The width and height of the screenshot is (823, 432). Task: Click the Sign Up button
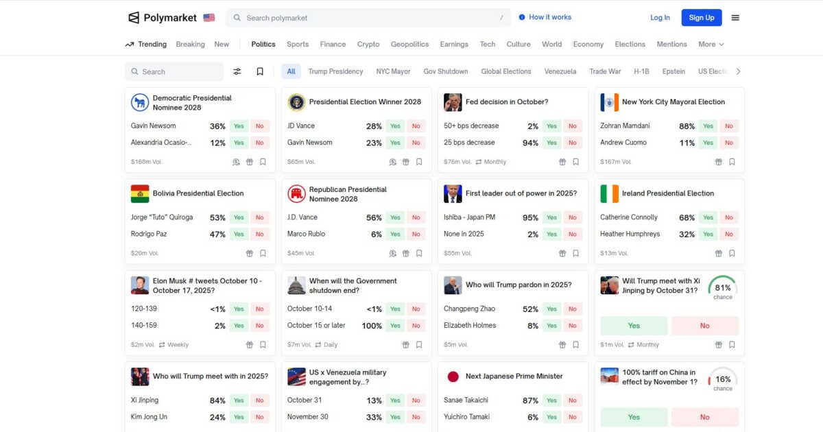point(701,18)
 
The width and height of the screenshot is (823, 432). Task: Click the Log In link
point(660,18)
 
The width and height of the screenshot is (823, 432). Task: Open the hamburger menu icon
point(735,18)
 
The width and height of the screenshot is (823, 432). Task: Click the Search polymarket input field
point(370,18)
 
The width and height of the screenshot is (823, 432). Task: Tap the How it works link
point(549,17)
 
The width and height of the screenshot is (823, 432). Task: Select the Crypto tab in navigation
point(368,45)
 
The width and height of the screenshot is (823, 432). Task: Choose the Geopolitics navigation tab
point(409,45)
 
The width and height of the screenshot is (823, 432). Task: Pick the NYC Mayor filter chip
point(393,71)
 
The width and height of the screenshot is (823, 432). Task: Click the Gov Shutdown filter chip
point(446,71)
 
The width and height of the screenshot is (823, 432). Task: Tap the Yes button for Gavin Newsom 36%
point(239,126)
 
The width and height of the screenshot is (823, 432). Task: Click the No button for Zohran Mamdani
point(728,126)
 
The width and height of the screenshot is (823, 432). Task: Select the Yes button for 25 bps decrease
point(551,143)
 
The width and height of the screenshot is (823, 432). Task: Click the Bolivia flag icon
point(140,194)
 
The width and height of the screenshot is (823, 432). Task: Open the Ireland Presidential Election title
point(667,193)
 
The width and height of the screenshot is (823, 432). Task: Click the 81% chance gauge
point(722,288)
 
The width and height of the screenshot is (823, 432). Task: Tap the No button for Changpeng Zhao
point(572,309)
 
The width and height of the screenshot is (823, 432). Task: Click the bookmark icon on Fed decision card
point(575,163)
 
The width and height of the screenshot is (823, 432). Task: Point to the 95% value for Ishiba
point(530,217)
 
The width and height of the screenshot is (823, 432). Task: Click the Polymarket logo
point(163,18)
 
